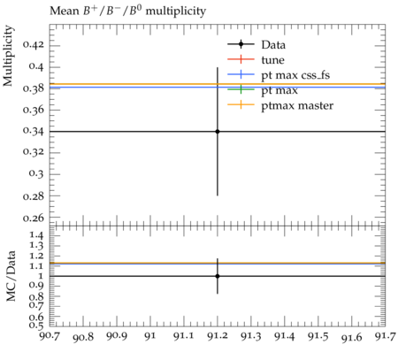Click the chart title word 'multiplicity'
[x=175, y=11]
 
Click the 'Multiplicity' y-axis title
[x=8, y=56]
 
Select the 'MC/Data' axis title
[x=11, y=276]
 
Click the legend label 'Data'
[x=273, y=45]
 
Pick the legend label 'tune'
[x=272, y=60]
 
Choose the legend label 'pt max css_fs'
[x=295, y=75]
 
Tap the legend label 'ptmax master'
[x=297, y=106]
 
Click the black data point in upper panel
[x=218, y=132]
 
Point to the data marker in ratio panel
[x=218, y=276]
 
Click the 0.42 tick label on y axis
[x=34, y=45]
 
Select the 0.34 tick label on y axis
[x=34, y=131]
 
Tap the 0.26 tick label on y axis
[x=34, y=218]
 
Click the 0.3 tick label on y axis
[x=36, y=173]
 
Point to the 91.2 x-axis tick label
[x=218, y=336]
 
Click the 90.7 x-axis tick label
[x=50, y=336]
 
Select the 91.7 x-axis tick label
[x=385, y=336]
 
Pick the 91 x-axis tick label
[x=150, y=336]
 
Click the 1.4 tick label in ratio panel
[x=37, y=235]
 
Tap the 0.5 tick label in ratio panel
[x=37, y=325]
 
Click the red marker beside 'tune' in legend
[x=241, y=59]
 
